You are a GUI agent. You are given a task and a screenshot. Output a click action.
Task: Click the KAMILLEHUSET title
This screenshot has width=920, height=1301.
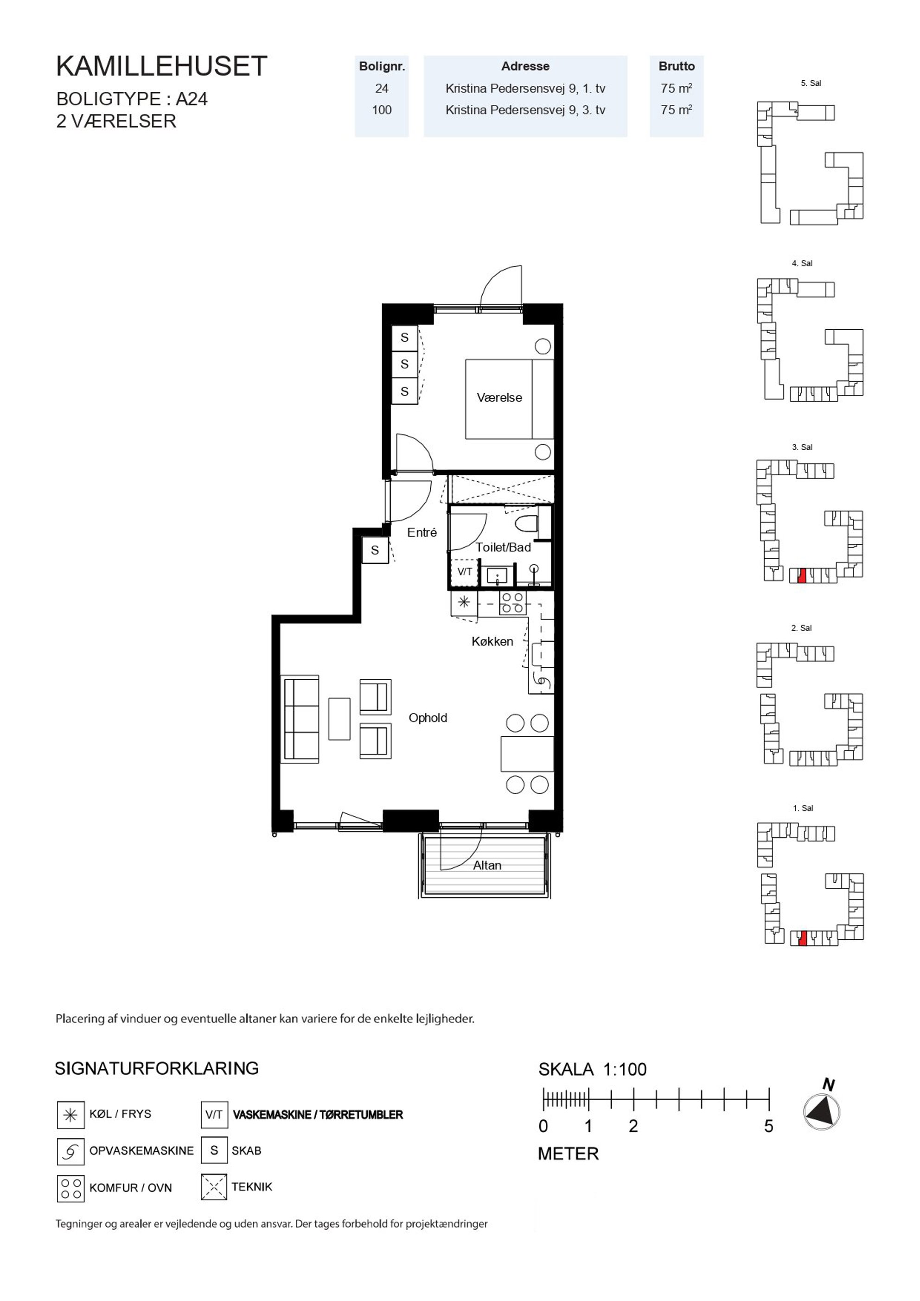click(161, 66)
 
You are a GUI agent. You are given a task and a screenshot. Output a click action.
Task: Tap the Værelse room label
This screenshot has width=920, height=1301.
click(499, 398)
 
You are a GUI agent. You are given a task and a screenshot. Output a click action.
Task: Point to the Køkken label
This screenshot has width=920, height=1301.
click(492, 641)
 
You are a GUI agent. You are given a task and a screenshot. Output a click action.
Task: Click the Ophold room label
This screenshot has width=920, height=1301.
click(428, 718)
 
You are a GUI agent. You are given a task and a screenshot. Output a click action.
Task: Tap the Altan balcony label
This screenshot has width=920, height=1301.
click(487, 865)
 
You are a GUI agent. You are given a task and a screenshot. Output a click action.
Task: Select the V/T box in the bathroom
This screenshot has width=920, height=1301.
click(465, 572)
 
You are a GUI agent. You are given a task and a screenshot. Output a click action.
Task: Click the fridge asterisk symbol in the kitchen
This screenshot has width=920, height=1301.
click(464, 602)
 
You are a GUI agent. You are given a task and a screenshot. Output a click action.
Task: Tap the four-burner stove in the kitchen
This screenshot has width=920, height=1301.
click(512, 603)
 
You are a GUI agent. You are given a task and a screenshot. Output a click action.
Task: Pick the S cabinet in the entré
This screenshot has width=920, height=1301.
click(375, 550)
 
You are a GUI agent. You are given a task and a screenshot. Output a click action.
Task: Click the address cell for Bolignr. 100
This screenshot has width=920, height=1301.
click(525, 110)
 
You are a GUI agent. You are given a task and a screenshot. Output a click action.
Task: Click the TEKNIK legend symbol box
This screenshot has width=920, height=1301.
click(214, 1187)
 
